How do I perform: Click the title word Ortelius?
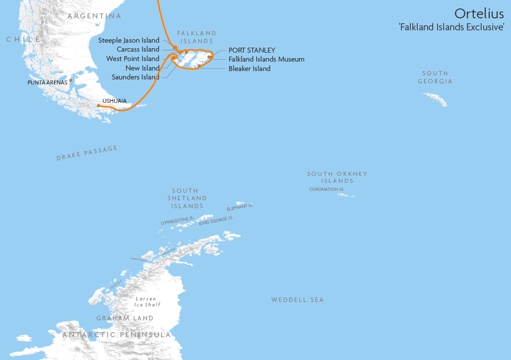tap(479, 13)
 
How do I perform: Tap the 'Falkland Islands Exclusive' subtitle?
tap(451, 27)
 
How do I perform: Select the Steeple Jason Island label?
tap(129, 40)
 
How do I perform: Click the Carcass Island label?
tap(138, 50)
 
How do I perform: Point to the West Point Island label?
tap(133, 59)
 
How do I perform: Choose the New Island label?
tap(142, 68)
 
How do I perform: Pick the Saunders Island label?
tap(135, 77)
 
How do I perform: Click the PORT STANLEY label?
tap(252, 50)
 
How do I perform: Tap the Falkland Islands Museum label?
tap(266, 59)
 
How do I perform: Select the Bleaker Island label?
tap(250, 69)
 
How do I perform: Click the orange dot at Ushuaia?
tap(99, 105)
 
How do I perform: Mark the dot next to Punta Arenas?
tap(71, 80)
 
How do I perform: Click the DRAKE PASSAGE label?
tap(87, 153)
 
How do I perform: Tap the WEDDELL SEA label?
tap(297, 300)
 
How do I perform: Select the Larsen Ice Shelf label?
tap(148, 302)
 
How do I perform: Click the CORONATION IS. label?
tap(326, 189)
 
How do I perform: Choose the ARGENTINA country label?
tap(94, 16)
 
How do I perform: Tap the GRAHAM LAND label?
tap(125, 318)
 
